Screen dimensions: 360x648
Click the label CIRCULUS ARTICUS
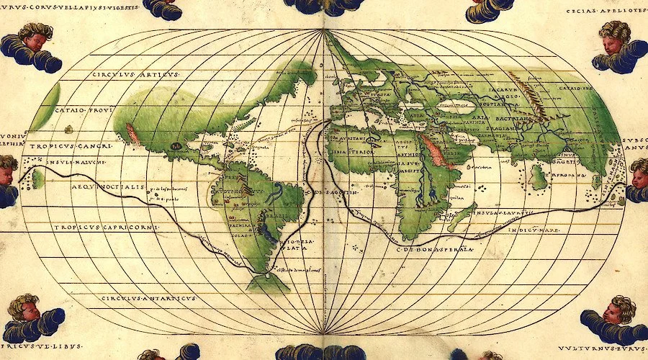(137, 74)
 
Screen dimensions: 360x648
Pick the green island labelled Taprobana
(538, 176)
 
